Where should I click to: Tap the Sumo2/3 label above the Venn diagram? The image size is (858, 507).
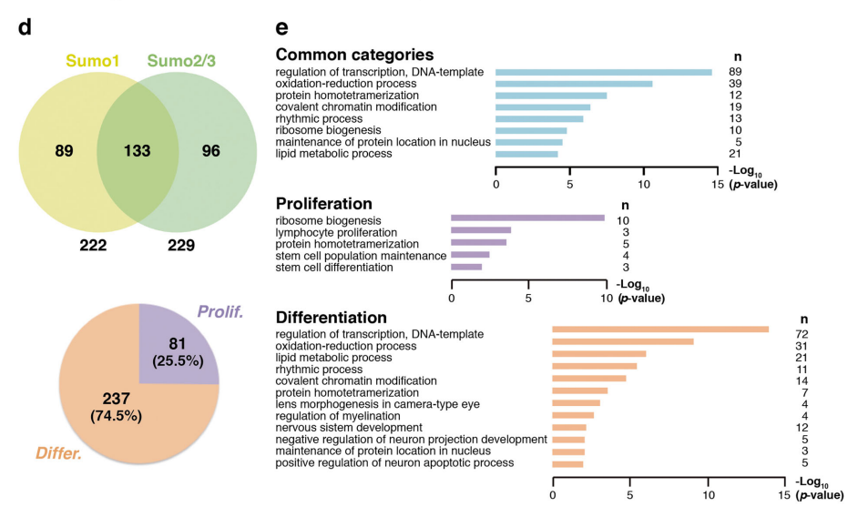[x=181, y=61]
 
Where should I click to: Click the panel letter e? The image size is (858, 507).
[x=283, y=26]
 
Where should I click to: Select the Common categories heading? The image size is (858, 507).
[x=354, y=55]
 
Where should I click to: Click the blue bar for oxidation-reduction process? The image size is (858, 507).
[x=574, y=84]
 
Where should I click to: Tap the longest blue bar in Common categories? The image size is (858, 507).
[x=603, y=72]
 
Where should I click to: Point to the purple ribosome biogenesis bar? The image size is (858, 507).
[x=527, y=218]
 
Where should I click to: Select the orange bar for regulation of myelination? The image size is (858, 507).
[x=573, y=415]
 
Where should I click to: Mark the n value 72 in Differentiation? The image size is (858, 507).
[x=802, y=335]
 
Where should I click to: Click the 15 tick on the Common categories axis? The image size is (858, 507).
[x=718, y=183]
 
